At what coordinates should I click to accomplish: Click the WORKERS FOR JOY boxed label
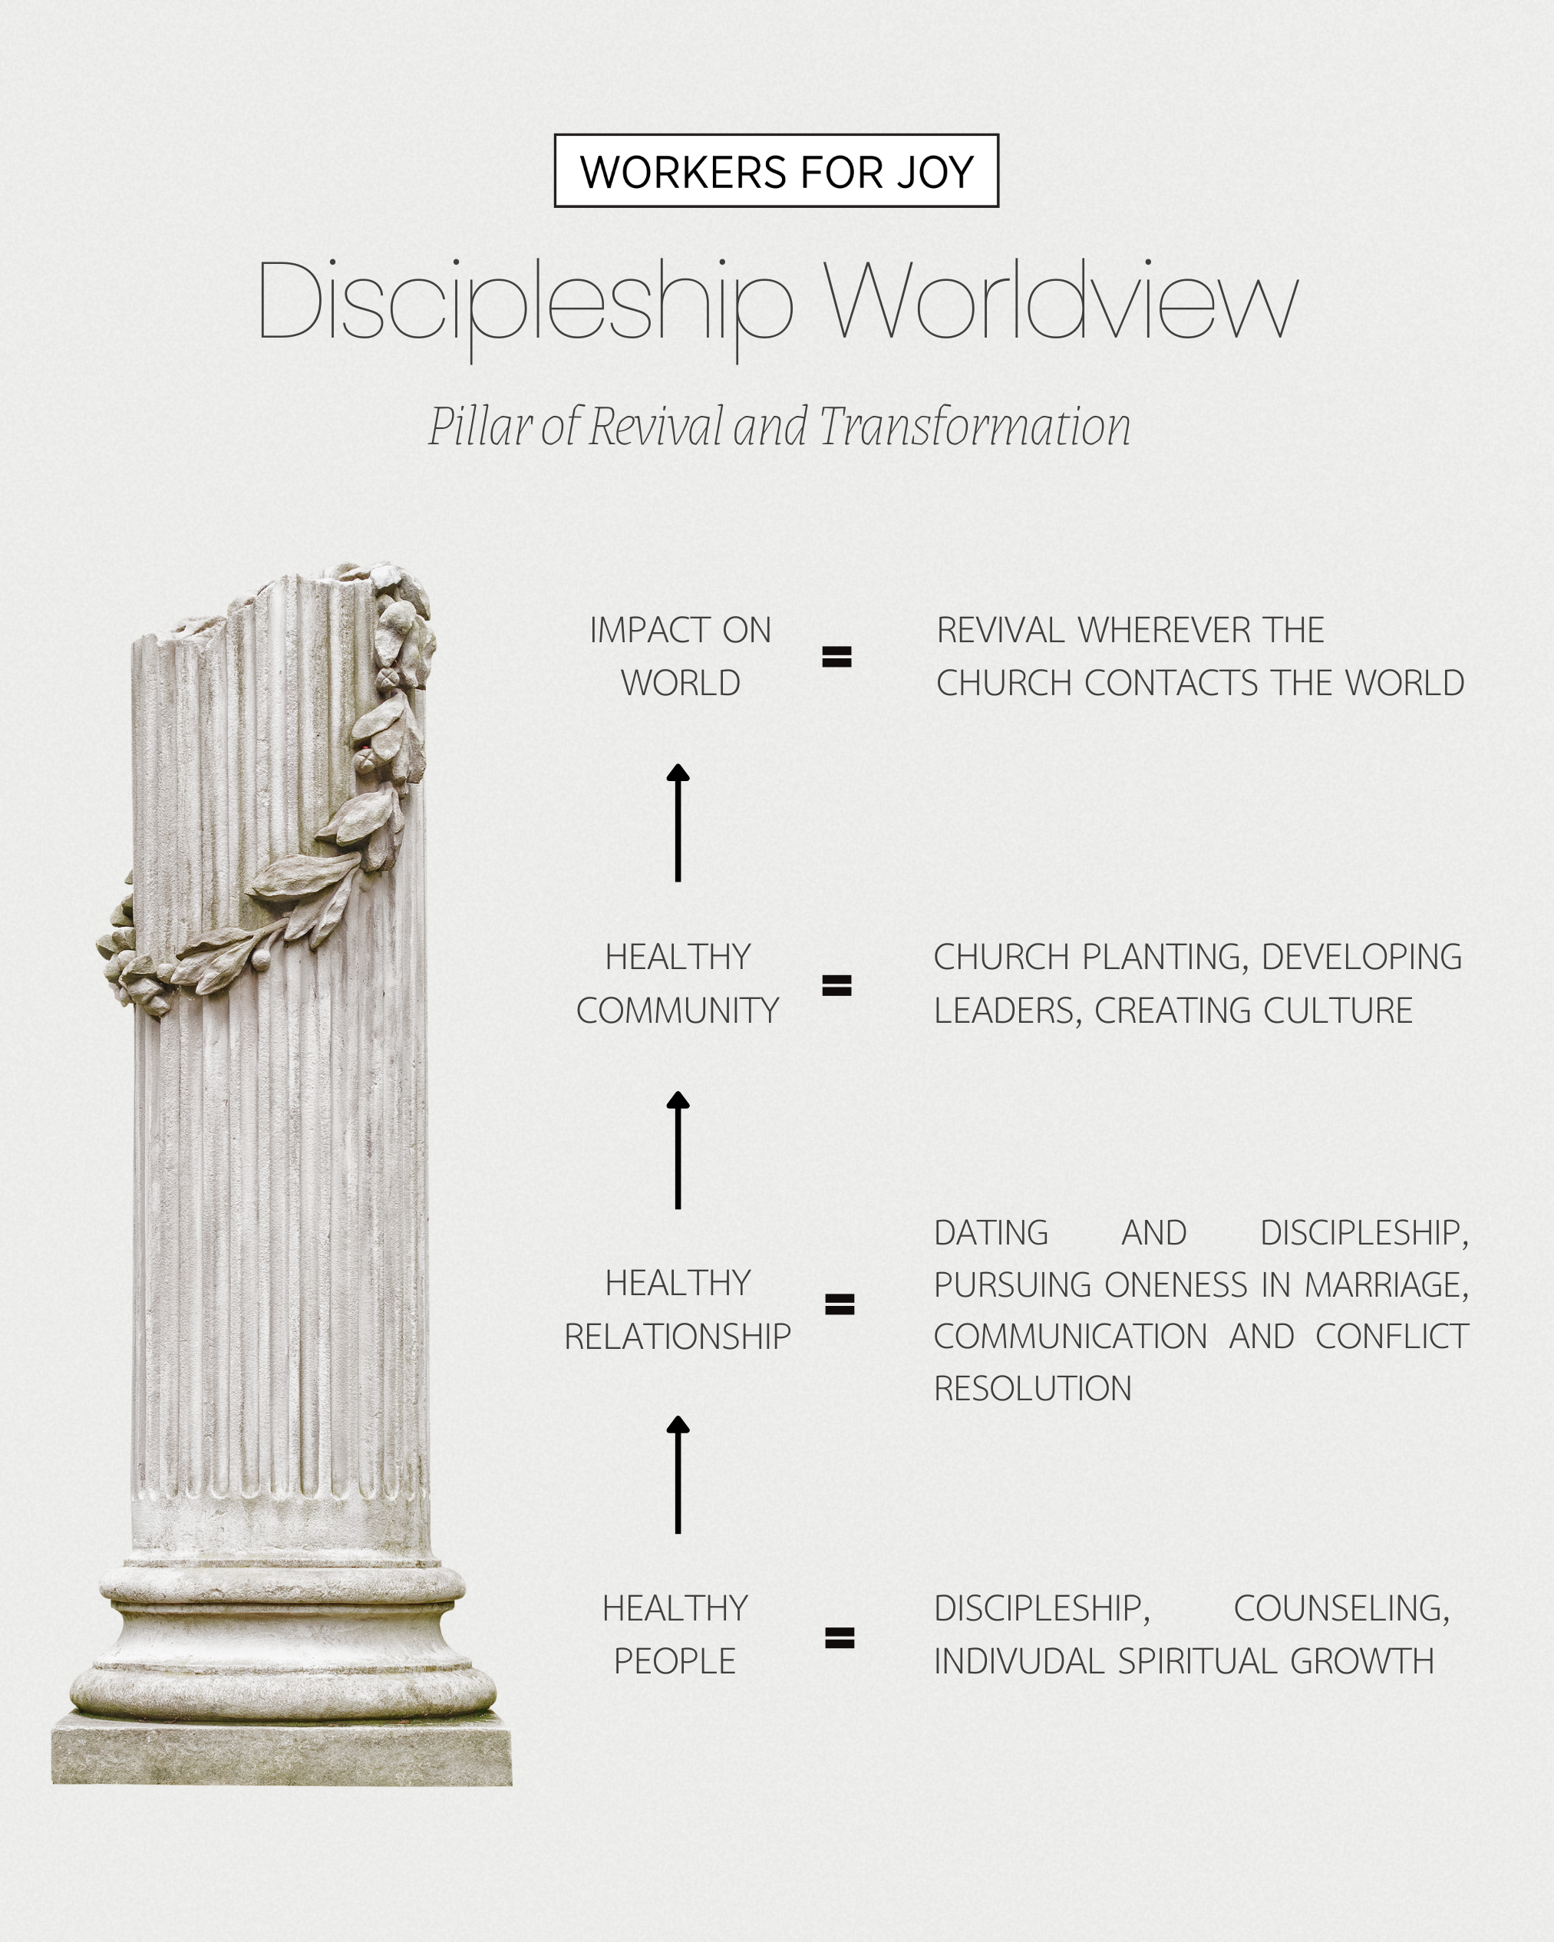point(776,171)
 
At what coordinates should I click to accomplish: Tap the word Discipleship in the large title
point(524,302)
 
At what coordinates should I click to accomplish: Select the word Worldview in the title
point(1061,301)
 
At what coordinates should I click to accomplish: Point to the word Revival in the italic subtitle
point(656,426)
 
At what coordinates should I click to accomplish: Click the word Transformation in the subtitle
point(975,426)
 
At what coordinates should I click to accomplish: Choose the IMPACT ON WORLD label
point(680,657)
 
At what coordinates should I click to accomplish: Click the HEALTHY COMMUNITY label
point(678,984)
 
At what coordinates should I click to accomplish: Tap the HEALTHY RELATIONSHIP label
point(678,1310)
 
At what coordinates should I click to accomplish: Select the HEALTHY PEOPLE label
point(675,1635)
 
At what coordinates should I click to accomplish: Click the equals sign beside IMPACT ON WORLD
point(837,657)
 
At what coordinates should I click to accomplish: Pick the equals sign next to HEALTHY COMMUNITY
point(837,985)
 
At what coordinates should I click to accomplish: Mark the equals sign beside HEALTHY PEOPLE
point(840,1637)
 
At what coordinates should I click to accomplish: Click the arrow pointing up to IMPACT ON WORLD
point(678,823)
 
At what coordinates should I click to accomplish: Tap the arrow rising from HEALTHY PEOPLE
point(678,1475)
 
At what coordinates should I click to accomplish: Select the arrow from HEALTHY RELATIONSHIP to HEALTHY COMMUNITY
point(678,1149)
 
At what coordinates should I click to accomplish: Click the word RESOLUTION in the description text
point(1032,1389)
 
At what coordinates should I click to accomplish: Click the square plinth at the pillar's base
point(282,1749)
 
